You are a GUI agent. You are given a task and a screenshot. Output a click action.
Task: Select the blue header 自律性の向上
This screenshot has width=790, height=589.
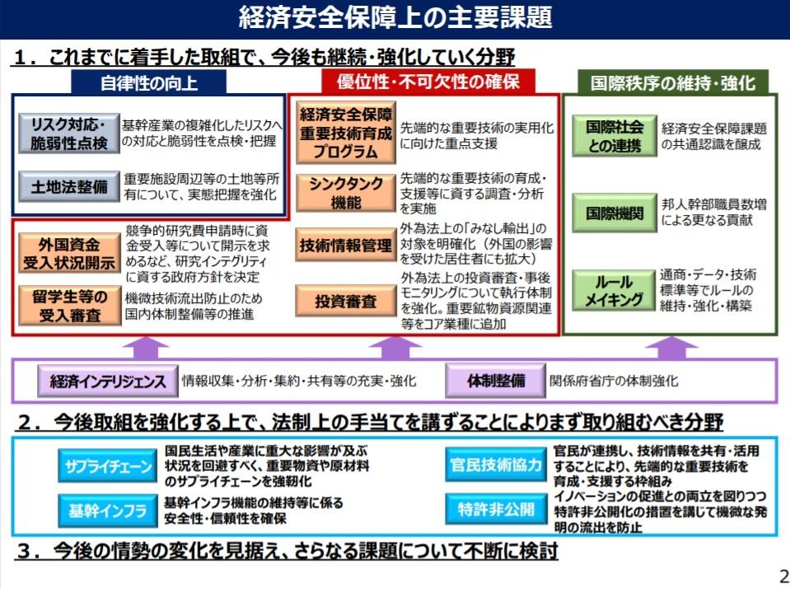click(x=149, y=82)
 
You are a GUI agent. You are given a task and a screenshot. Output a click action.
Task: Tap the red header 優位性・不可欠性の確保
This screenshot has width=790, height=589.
click(x=426, y=82)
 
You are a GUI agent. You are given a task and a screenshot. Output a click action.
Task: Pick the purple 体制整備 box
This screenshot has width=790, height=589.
click(x=496, y=381)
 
